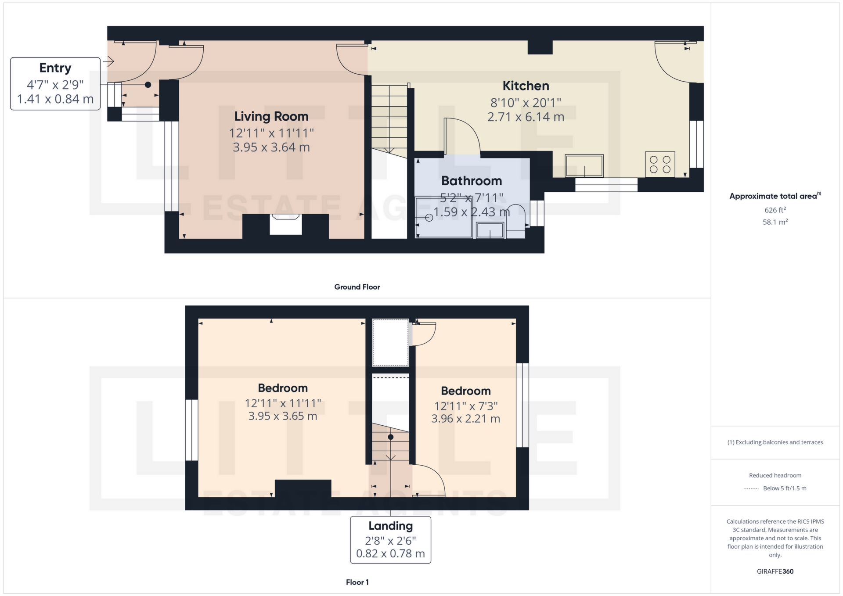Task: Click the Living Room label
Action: click(271, 116)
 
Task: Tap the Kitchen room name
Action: click(526, 86)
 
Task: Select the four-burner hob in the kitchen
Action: click(659, 165)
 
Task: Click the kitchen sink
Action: click(584, 166)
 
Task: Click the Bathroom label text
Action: click(471, 181)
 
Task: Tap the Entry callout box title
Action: click(55, 68)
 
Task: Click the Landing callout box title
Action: click(390, 526)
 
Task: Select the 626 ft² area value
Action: click(775, 210)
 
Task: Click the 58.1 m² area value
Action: click(775, 222)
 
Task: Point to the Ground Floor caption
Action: click(357, 287)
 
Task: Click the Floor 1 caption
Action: click(357, 582)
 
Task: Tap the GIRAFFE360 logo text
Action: click(775, 571)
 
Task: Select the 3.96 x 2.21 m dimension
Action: click(465, 419)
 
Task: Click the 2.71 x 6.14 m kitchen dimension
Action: click(526, 117)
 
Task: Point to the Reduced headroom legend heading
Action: click(775, 475)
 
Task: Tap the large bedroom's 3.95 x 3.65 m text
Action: click(282, 416)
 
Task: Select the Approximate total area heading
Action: click(775, 196)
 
